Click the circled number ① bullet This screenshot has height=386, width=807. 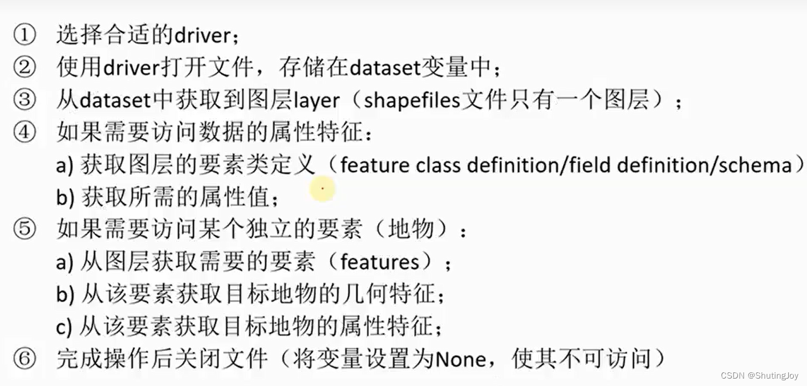[x=24, y=35]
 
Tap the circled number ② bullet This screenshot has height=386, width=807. [x=24, y=68]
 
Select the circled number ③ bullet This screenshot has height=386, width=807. [x=24, y=100]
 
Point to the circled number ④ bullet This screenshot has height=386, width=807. [x=24, y=133]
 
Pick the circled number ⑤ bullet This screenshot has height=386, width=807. [x=24, y=230]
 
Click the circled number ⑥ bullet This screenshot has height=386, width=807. [x=24, y=359]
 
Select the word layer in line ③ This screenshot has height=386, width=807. [x=317, y=100]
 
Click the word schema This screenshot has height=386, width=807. [x=755, y=165]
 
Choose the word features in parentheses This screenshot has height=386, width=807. [x=379, y=262]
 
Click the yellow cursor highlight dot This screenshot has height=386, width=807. [x=322, y=188]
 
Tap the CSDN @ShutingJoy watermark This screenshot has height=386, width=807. [x=760, y=375]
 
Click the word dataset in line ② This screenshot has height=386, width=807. [x=383, y=68]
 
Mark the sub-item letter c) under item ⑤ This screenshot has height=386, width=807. [x=64, y=327]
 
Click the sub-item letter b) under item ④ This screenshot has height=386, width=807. [x=64, y=198]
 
